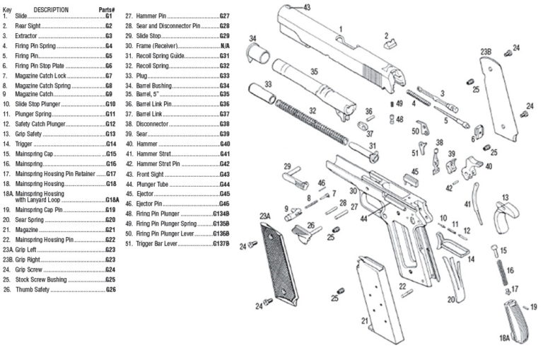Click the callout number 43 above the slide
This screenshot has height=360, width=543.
tap(306, 7)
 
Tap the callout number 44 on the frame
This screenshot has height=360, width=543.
tap(364, 219)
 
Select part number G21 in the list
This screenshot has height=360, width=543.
tap(110, 230)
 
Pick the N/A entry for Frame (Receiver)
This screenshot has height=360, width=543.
tap(227, 45)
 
